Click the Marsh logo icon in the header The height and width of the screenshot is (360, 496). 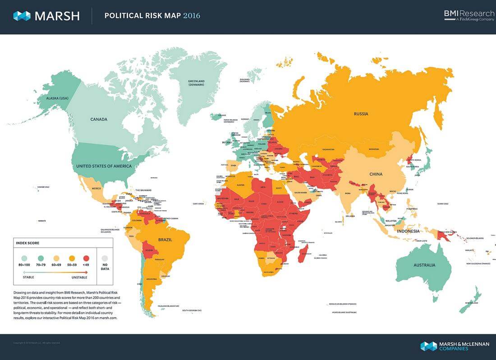pos(22,16)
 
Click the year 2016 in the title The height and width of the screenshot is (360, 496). pos(192,16)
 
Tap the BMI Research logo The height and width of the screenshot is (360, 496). pos(468,15)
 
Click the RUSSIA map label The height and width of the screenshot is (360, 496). pos(361,114)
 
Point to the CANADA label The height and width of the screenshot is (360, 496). pos(99,120)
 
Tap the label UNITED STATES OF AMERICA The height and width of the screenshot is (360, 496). pos(104,166)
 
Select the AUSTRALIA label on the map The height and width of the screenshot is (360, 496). pos(424,265)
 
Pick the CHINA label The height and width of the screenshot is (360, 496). pos(376,174)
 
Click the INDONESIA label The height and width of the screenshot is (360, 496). pos(408,231)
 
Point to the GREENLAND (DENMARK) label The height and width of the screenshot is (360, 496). pos(196,83)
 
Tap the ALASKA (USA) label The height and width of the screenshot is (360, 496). pos(57,98)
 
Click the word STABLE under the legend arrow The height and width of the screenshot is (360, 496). pos(28,278)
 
